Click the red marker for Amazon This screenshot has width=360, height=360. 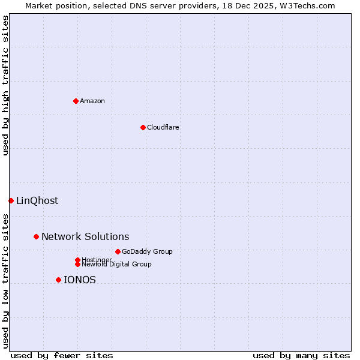76,101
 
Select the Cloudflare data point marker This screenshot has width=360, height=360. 143,127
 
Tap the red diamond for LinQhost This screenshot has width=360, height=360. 11,200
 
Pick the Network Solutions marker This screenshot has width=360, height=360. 36,236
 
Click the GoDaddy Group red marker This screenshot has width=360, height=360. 118,251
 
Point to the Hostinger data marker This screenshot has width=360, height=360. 77,260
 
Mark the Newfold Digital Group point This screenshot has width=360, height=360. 77,265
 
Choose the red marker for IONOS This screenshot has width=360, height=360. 58,280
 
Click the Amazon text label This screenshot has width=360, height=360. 92,101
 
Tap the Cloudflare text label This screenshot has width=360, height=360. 163,127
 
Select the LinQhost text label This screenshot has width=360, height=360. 37,200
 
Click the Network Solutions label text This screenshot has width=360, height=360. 85,236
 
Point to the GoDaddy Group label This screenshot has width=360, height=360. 147,251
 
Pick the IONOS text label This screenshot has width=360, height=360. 80,280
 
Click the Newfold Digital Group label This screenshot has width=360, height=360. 117,265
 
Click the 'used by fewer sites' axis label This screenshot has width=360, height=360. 62,355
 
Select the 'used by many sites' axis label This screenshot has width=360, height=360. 301,355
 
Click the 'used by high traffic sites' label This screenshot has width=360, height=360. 5,85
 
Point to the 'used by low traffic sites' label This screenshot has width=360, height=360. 5,281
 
